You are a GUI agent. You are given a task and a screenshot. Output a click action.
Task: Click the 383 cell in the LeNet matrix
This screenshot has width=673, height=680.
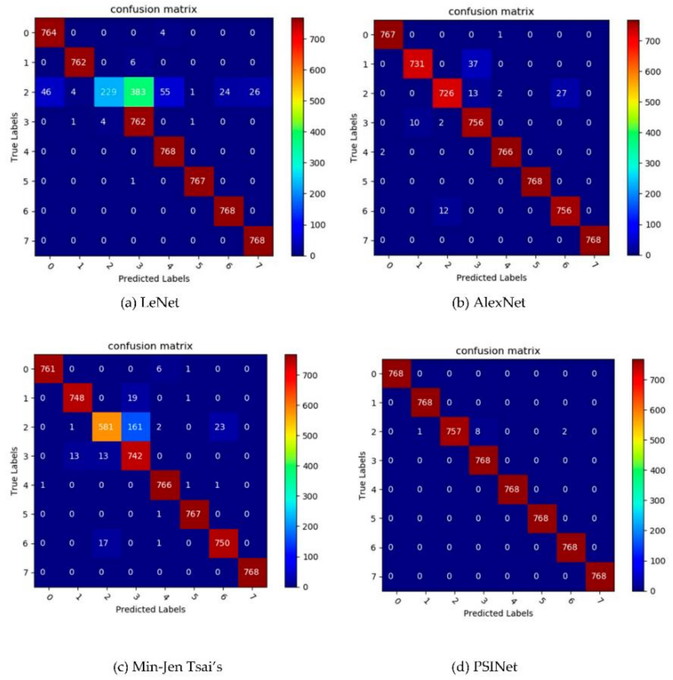(138, 92)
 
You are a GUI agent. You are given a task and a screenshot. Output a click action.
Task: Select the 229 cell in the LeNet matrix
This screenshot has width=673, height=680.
(108, 92)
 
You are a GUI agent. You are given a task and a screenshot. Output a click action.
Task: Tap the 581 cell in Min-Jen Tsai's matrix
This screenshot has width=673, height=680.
(106, 427)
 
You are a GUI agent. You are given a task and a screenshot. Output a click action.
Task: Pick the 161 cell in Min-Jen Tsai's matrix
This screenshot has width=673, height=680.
(135, 427)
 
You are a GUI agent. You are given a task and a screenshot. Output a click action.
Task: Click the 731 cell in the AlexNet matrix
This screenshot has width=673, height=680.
(417, 64)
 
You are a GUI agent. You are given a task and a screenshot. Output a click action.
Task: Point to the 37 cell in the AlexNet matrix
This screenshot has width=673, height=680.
(473, 64)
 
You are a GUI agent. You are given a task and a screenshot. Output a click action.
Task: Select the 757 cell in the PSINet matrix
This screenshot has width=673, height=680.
(454, 432)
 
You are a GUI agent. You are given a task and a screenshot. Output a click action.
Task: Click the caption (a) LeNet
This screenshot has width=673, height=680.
(150, 303)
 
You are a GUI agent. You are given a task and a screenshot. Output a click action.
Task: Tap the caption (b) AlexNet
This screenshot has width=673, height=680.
(488, 303)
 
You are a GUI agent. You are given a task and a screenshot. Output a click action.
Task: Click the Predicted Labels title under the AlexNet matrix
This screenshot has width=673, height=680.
(491, 278)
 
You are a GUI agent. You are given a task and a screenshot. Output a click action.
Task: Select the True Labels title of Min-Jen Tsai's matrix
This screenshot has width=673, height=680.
(14, 471)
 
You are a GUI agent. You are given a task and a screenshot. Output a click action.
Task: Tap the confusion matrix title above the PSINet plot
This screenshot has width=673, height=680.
(498, 351)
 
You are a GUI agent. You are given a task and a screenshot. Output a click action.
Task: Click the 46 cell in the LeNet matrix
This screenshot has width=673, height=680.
(46, 92)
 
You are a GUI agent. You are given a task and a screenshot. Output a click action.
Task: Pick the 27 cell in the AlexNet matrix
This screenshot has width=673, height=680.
(561, 93)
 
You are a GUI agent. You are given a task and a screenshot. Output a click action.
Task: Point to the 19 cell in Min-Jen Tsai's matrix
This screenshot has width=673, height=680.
(135, 398)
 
